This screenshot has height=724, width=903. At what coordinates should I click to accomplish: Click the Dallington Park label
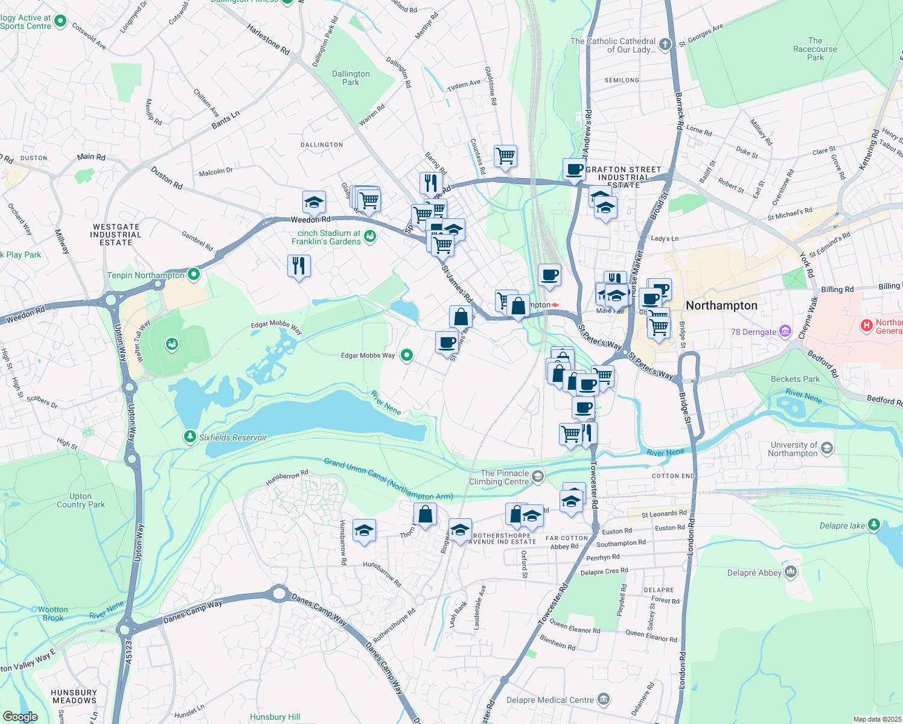(351, 78)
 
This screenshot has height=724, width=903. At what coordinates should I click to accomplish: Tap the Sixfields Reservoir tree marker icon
(190, 436)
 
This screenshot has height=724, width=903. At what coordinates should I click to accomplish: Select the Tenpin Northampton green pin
(194, 275)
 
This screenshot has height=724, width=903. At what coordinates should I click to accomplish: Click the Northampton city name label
(721, 305)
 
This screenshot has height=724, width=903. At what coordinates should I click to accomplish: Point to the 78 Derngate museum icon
(785, 331)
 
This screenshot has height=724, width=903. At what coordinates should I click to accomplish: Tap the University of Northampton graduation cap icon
(827, 448)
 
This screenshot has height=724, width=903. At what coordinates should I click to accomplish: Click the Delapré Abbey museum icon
(791, 572)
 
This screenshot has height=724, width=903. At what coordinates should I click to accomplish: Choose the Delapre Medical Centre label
(550, 700)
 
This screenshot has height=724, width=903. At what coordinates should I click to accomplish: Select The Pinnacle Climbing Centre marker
(537, 477)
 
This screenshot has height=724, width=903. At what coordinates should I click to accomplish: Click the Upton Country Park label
(80, 500)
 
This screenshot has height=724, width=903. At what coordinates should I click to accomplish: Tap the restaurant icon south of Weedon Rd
(299, 265)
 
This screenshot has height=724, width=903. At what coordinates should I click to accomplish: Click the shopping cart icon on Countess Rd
(505, 156)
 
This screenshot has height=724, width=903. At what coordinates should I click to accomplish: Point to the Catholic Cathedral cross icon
(665, 44)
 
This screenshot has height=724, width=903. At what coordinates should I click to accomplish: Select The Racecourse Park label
(815, 49)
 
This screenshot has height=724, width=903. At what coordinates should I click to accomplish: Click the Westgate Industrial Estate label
(116, 235)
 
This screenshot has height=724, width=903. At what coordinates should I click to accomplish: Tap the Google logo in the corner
(20, 716)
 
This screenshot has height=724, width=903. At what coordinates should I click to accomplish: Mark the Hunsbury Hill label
(275, 717)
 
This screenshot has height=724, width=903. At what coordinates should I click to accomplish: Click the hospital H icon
(867, 326)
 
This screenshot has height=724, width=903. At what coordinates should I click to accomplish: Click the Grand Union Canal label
(388, 480)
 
